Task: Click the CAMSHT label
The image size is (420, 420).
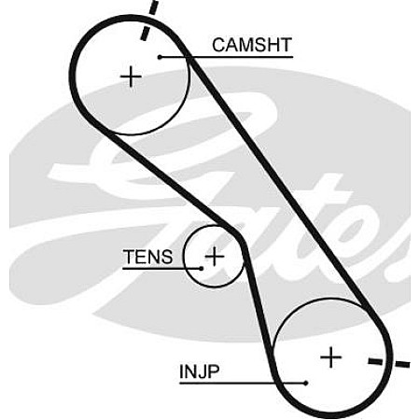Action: [252, 45]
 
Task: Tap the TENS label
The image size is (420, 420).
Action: [147, 257]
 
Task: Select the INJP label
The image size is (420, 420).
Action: [200, 371]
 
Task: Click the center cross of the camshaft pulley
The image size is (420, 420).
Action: [131, 77]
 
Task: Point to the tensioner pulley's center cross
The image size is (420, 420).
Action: [215, 257]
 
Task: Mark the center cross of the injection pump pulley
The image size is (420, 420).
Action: [330, 357]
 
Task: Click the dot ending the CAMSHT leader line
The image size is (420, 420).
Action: [160, 57]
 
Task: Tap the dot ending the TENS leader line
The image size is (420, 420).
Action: [202, 268]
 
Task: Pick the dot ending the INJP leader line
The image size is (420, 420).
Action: [306, 383]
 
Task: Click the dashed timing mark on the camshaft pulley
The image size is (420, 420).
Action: [149, 20]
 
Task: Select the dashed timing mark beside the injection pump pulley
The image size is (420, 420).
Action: [389, 362]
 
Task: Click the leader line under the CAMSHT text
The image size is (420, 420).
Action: [226, 57]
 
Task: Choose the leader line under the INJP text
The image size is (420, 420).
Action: [243, 383]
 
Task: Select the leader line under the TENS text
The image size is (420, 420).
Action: [161, 268]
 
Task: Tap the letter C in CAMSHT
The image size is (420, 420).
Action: [219, 45]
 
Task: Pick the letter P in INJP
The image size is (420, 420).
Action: [214, 371]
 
